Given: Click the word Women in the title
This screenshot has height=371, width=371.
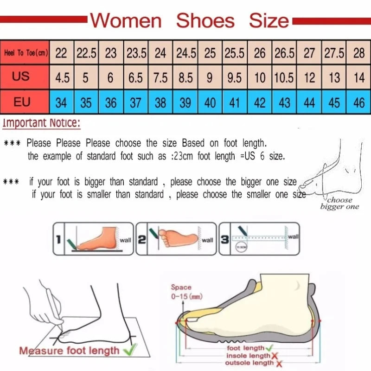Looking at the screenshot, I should [x=126, y=21].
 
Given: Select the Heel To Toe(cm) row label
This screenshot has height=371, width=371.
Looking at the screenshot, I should [x=26, y=53].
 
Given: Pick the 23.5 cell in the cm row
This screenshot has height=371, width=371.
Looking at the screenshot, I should [x=136, y=53].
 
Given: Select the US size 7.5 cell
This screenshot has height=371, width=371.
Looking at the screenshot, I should [x=160, y=77].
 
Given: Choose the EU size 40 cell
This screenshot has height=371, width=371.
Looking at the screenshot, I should [x=210, y=102].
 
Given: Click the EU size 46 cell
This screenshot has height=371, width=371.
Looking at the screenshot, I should [x=358, y=102].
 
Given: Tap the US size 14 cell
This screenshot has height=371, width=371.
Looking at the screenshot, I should [x=358, y=77].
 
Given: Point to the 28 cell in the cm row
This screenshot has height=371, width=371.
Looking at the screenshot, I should [x=358, y=53].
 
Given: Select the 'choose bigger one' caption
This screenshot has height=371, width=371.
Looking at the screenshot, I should [x=339, y=203].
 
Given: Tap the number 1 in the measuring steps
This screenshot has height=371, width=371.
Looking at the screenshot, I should [x=59, y=239].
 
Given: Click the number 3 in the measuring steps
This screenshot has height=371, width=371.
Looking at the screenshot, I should [x=224, y=239].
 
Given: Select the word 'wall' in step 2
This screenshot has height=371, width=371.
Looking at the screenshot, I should [x=207, y=240].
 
